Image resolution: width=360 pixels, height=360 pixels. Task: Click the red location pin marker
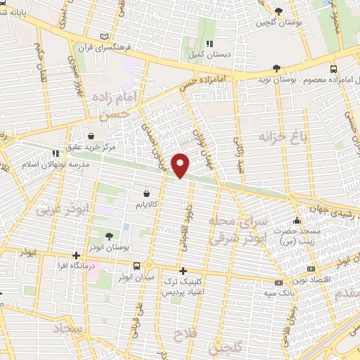click(181, 165)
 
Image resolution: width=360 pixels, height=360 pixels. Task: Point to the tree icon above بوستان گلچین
click(278, 11)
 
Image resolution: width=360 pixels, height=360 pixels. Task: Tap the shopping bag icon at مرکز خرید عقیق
click(91, 136)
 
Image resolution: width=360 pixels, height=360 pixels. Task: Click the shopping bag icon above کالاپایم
click(146, 192)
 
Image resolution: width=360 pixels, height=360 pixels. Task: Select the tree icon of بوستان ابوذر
click(108, 236)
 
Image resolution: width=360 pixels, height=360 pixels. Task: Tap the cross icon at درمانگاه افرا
click(76, 255)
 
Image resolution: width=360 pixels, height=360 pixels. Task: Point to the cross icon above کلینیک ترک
click(183, 271)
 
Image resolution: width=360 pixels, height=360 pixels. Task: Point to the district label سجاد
click(65, 329)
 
